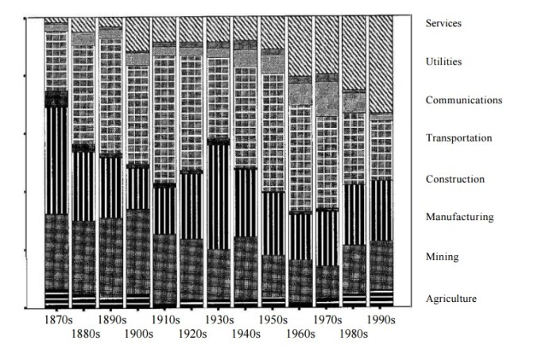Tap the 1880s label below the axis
coord(86,335)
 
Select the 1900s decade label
coord(138,335)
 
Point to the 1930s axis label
coord(218,320)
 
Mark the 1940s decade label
coord(246,335)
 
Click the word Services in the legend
coord(443,23)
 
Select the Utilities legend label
coord(443,61)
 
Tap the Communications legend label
coord(464,100)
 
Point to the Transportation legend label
coord(458,138)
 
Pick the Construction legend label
coord(455,179)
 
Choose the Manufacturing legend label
coord(459,217)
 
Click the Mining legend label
coord(441,257)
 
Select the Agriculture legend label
coord(451,299)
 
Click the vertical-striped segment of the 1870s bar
coord(56,159)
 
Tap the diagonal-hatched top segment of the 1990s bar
coord(381,64)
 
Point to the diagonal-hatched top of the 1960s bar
coord(300,48)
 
